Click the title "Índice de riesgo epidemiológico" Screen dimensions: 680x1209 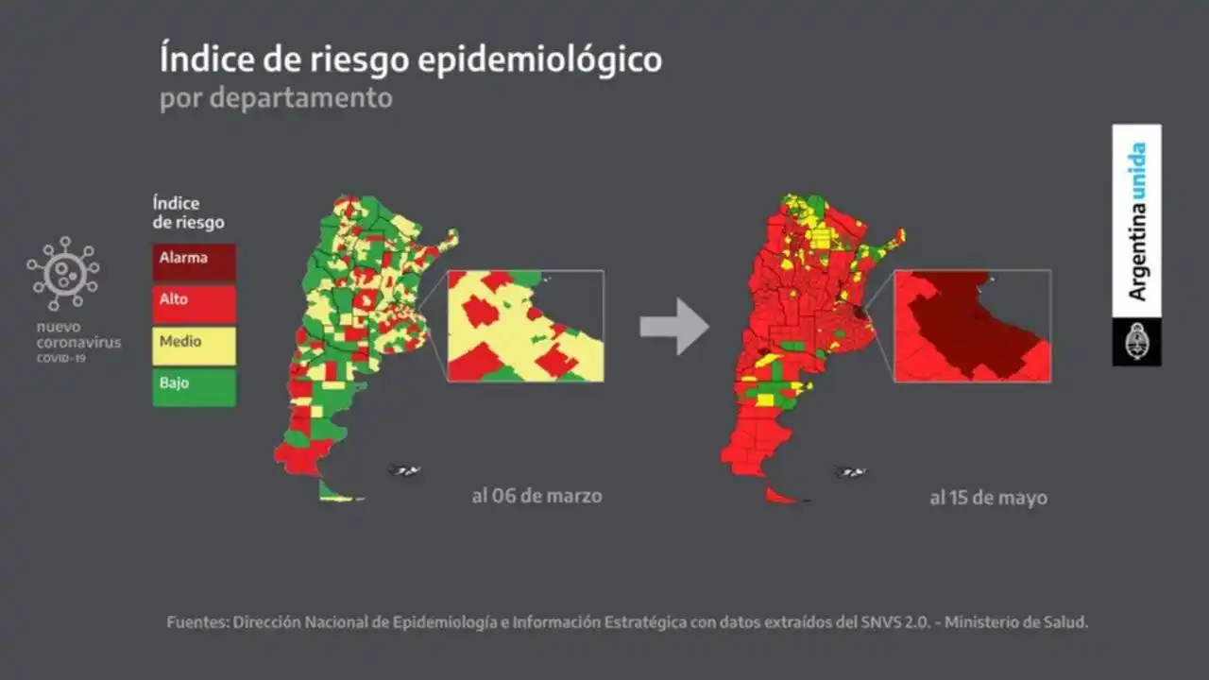point(410,59)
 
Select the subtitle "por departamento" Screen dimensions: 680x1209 point(275,98)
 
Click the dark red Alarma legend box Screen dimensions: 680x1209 point(194,262)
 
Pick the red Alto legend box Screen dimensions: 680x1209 point(194,304)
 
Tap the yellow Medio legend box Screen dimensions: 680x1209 point(194,346)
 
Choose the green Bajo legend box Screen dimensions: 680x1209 point(194,387)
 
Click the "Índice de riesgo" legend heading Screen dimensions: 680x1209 point(188,212)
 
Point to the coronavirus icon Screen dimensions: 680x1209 point(63,273)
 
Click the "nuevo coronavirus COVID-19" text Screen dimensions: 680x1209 point(78,342)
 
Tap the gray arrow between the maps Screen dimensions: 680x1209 point(673,326)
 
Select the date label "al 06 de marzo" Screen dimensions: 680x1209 point(536,495)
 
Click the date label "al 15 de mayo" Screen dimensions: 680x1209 point(988,498)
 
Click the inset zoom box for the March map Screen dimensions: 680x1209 point(525,326)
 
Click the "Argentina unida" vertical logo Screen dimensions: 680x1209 point(1137,222)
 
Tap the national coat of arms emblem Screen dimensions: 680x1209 point(1136,342)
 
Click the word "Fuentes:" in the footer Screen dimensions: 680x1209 point(196,622)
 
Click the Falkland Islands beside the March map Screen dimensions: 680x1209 point(405,470)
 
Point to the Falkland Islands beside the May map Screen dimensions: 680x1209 point(850,472)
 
